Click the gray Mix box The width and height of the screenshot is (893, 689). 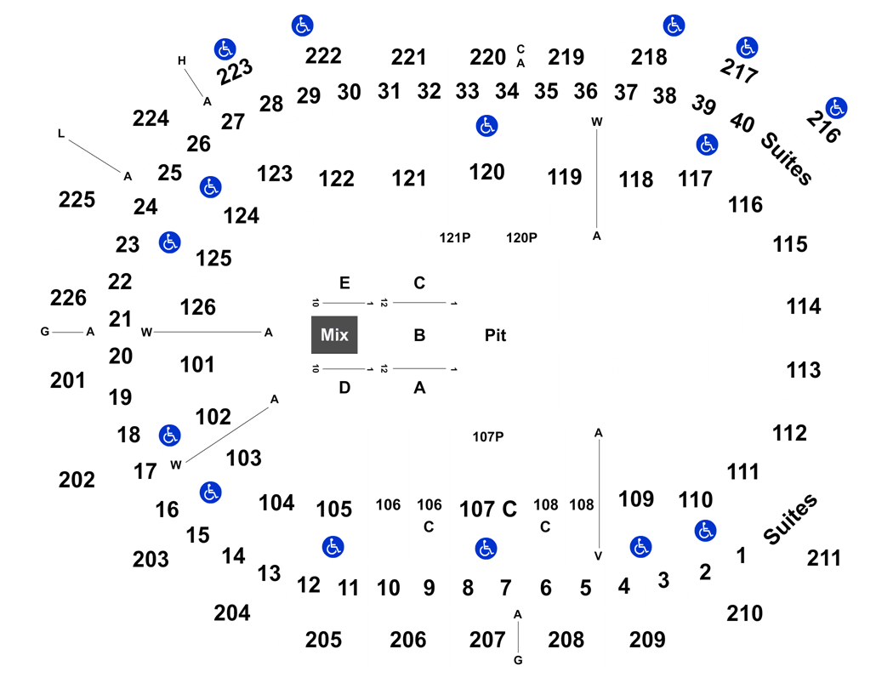point(334,335)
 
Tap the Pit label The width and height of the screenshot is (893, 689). point(495,335)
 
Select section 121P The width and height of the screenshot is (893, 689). point(454,237)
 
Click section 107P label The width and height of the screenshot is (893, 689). point(488,436)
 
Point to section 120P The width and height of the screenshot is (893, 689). point(521,237)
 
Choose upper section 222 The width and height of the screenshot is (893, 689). point(323,56)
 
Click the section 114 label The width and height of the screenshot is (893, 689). point(804,306)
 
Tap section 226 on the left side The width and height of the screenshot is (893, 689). point(68,297)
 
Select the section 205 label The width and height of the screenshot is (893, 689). point(323,640)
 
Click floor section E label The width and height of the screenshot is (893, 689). point(344,283)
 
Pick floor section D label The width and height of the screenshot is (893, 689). point(344,388)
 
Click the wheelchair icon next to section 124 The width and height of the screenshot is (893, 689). point(211,187)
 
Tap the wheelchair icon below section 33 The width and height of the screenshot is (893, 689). point(487,126)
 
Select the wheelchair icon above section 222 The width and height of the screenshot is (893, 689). point(303,26)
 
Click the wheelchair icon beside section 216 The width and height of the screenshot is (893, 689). point(836,108)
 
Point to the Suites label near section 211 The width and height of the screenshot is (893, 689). point(790,520)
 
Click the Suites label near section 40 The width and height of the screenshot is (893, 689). point(787,158)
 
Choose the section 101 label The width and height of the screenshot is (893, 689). point(197,364)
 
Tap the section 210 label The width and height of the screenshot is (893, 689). point(744,613)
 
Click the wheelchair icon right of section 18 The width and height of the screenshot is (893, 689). point(170,436)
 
